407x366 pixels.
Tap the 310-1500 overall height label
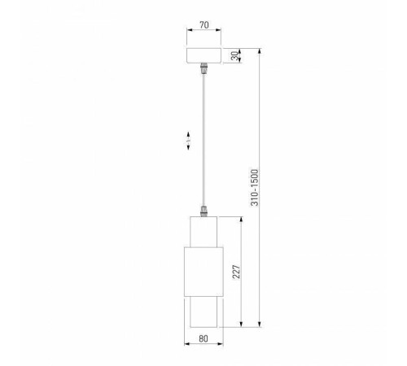coord(254,188)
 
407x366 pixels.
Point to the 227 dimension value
coord(236,271)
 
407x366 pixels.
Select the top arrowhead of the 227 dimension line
coord(242,218)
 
